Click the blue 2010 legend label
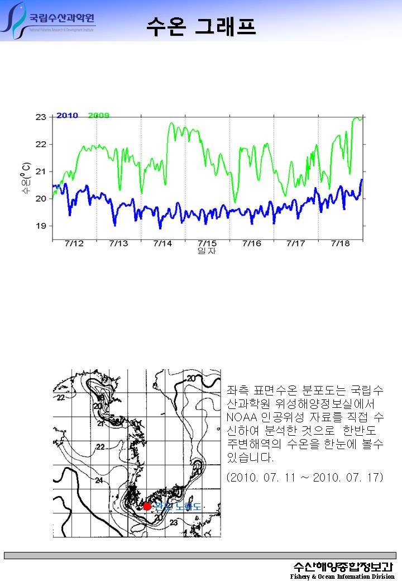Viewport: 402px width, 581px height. click(67, 116)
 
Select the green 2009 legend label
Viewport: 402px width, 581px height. click(99, 116)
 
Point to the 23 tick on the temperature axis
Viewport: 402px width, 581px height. click(41, 117)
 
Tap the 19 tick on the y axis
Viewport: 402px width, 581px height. click(41, 226)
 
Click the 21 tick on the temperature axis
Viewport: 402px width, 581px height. click(41, 172)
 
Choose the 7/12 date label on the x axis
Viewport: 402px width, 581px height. click(74, 244)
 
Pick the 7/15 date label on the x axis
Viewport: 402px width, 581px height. click(207, 244)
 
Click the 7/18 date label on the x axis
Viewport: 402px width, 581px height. click(340, 244)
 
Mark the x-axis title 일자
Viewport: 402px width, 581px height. click(207, 251)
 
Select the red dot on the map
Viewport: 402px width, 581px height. click(147, 506)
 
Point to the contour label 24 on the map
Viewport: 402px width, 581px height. click(99, 480)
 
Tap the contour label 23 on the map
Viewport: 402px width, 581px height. click(174, 523)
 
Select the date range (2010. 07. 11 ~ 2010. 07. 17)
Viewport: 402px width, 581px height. click(305, 478)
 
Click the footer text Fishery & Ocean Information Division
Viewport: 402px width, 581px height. click(342, 576)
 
